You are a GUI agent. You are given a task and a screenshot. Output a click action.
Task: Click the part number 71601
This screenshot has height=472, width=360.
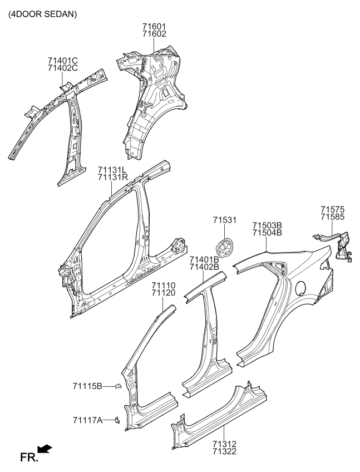154,26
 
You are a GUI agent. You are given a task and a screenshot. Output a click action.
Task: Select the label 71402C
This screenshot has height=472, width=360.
62,68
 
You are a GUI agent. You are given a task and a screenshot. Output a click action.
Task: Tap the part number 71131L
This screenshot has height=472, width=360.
113,169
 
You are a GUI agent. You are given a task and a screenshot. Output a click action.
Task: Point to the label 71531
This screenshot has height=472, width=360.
225,220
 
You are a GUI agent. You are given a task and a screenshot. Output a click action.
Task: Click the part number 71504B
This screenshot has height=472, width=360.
268,233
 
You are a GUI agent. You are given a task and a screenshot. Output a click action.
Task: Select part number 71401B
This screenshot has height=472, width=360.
204,259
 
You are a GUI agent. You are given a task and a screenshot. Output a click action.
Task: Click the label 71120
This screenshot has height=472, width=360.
164,293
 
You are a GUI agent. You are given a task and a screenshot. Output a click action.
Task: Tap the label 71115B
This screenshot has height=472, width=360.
87,386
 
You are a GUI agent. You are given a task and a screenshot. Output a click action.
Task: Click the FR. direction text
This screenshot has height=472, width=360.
28,458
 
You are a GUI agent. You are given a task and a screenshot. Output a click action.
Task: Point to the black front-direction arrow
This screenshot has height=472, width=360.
45,449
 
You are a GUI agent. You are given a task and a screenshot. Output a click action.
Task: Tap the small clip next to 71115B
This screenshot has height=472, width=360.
117,386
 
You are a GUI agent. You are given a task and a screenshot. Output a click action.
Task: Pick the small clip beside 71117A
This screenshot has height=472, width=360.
117,420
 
